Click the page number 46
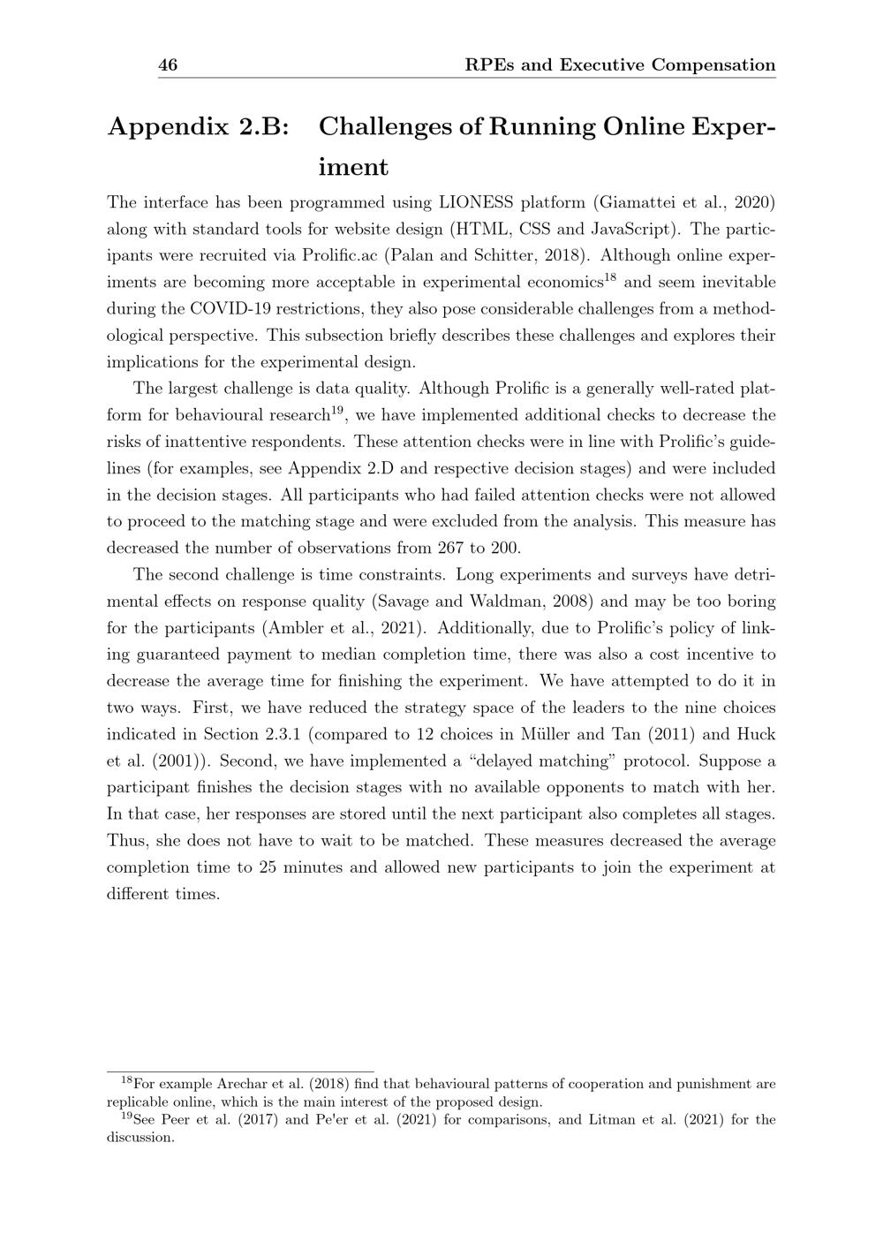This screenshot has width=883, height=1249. (168, 65)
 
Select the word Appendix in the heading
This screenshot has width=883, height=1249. (167, 127)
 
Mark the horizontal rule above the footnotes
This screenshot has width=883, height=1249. (240, 1071)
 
